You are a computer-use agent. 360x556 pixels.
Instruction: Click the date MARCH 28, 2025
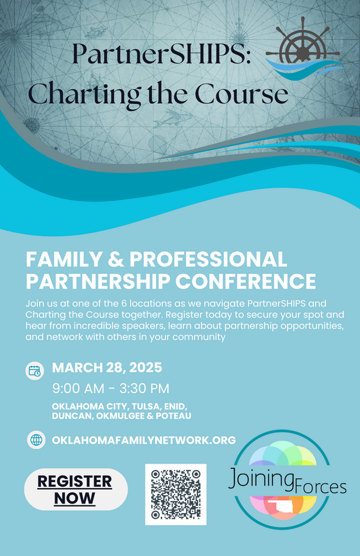[107, 368]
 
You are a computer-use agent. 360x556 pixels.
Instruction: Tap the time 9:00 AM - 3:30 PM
[110, 388]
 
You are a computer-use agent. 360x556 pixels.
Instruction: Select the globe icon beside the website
[37, 440]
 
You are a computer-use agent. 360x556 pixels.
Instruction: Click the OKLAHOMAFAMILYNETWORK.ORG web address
[144, 440]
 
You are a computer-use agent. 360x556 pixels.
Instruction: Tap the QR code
[175, 494]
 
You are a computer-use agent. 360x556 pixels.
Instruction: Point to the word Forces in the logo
[320, 487]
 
